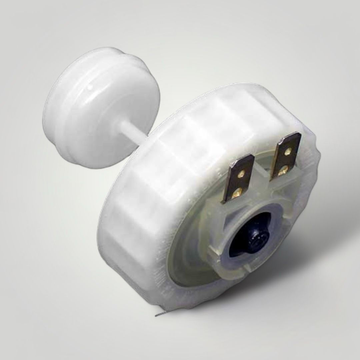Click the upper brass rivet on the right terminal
tap(288, 152)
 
